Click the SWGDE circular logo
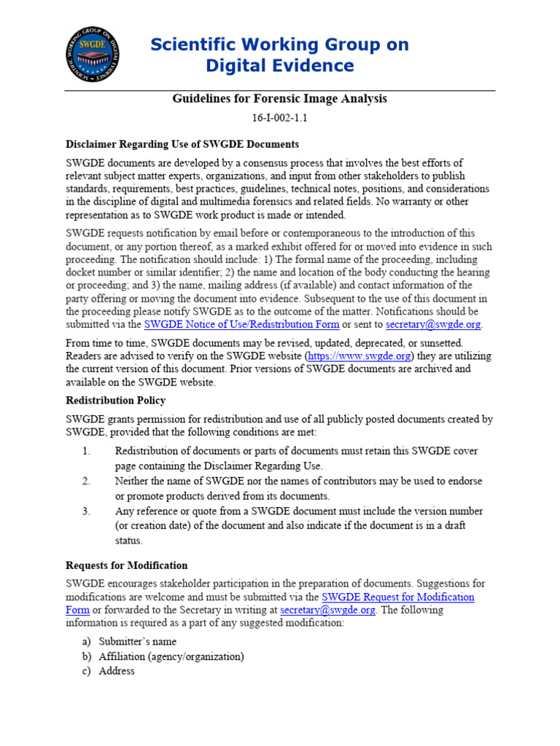coord(93,54)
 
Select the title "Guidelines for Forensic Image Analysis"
coord(279,98)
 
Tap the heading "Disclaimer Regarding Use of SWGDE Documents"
coord(182,144)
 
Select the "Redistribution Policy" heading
coord(115,401)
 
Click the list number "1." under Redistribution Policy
coord(86,452)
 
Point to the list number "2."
coord(86,482)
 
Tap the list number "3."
coord(86,511)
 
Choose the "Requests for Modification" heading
coord(127,565)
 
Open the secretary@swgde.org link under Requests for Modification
coord(327,610)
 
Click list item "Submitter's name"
coord(138,642)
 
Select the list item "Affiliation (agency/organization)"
coord(171,656)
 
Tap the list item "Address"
coord(117,671)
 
